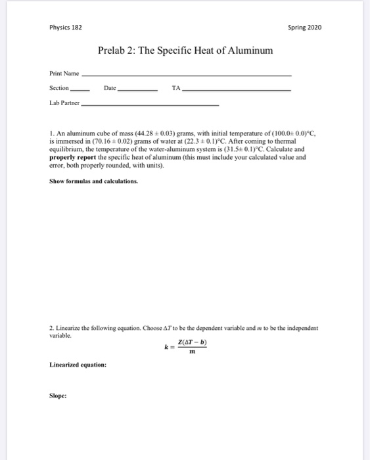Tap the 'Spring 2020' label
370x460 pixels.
[x=305, y=28]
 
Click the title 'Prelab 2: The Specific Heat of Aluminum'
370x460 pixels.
[x=185, y=51]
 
